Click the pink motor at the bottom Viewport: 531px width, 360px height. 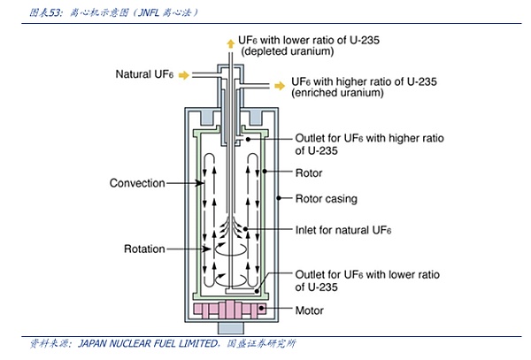229,311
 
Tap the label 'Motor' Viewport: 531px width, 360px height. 310,311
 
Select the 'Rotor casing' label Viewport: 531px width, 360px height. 326,199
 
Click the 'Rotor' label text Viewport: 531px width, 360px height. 309,173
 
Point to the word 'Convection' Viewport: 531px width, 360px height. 137,183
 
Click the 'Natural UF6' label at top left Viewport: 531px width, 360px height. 145,74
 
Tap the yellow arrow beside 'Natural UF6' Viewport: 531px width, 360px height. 184,75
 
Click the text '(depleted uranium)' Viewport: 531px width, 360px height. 284,54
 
